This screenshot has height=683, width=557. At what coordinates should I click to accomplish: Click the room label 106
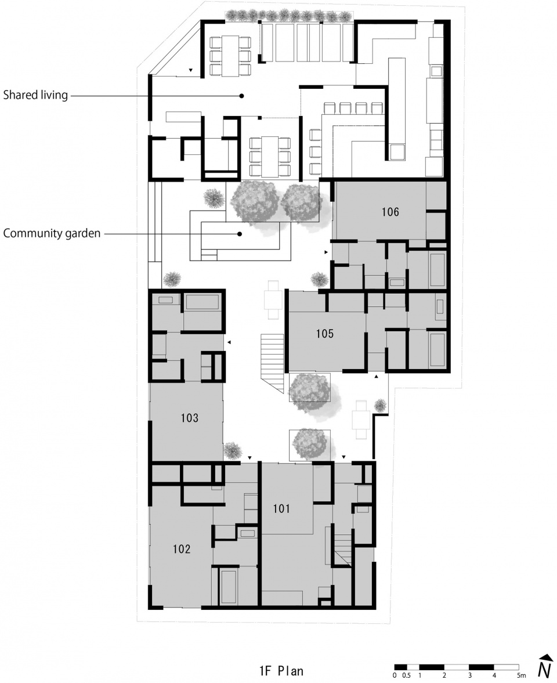click(390, 212)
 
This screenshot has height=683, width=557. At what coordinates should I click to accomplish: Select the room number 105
click(325, 334)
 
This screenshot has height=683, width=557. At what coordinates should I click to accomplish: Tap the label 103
click(190, 418)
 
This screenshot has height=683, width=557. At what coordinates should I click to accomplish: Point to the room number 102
click(182, 549)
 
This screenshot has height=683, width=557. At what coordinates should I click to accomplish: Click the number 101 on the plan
click(281, 509)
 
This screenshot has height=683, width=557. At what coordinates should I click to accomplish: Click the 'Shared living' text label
click(35, 95)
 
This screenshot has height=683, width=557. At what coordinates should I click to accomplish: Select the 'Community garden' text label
click(52, 234)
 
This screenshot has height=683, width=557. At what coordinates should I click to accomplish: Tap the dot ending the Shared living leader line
click(242, 95)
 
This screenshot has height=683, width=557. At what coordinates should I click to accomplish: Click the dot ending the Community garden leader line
click(238, 234)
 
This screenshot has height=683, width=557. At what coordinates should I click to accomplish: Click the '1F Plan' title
click(281, 671)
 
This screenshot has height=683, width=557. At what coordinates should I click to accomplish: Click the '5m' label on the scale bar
click(520, 675)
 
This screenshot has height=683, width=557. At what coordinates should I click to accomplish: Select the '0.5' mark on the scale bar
click(407, 675)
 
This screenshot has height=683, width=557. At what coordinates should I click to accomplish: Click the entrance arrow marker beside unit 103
click(229, 343)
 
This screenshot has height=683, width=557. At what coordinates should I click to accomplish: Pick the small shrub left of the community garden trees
click(213, 197)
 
